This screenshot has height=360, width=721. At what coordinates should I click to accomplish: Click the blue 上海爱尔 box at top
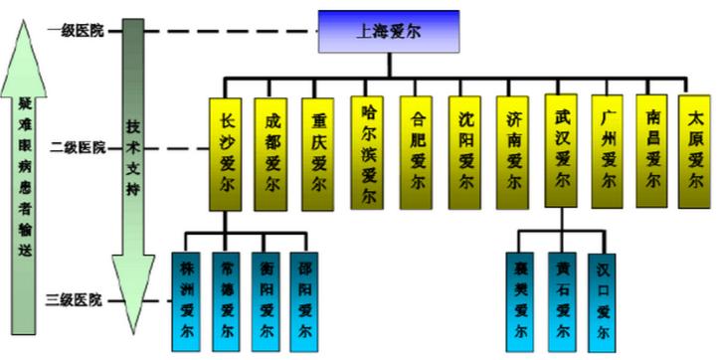point(388,32)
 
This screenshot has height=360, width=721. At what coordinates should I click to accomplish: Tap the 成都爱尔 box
point(273,151)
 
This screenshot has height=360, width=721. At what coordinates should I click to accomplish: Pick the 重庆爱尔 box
point(318,151)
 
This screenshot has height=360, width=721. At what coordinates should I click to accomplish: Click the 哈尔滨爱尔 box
point(368,151)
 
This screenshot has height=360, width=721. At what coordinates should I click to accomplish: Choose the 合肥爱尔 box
point(418,151)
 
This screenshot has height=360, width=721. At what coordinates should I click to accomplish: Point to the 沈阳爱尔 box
point(465,151)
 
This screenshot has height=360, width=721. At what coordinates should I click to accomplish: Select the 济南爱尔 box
point(513,151)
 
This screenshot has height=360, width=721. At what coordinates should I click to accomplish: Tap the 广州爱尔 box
point(609,151)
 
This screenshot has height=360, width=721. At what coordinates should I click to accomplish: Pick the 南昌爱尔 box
point(652,151)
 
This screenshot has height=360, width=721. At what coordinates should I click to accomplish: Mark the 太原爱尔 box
point(696,151)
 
